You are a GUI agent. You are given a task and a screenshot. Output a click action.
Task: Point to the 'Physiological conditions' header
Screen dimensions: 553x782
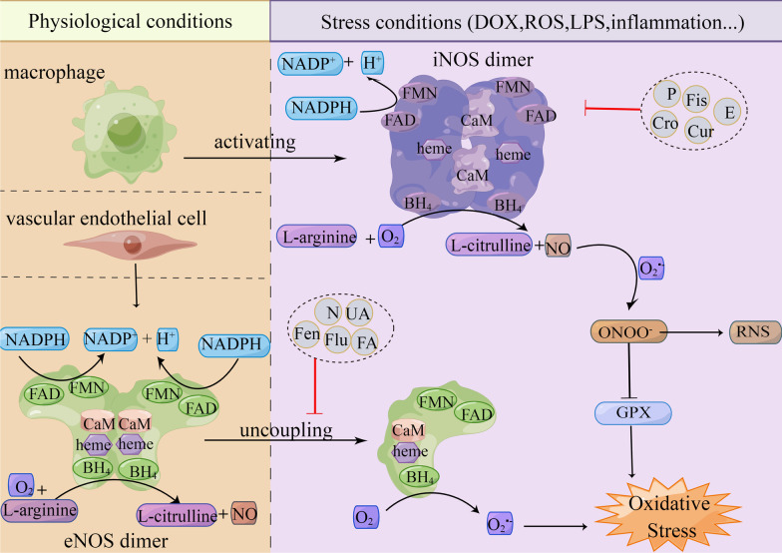pos(120,20)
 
